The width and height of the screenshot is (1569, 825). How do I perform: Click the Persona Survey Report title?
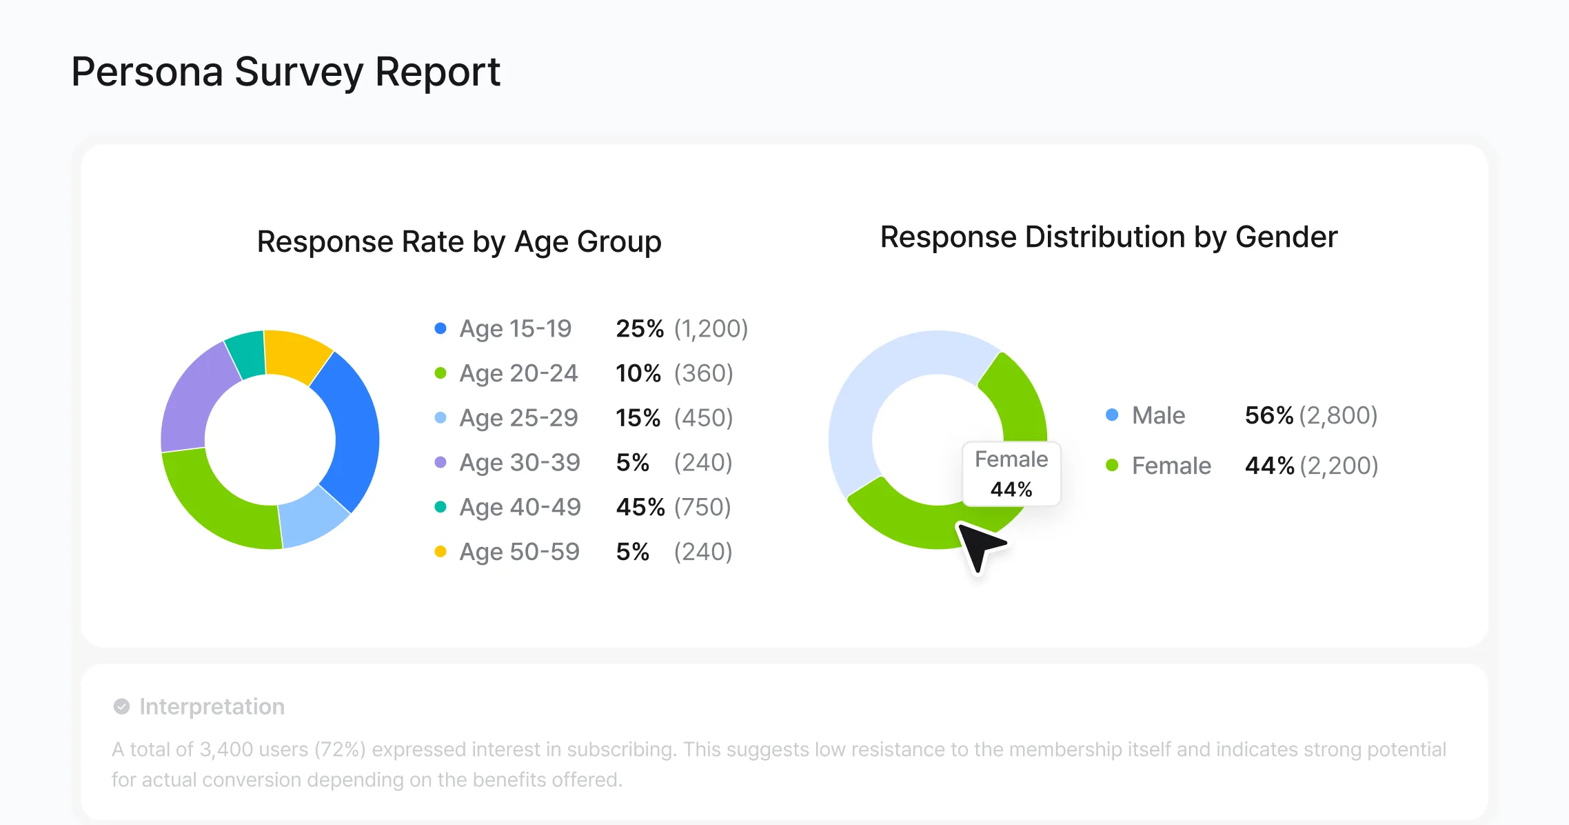click(285, 72)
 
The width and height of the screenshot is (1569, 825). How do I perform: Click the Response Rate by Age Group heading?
click(459, 242)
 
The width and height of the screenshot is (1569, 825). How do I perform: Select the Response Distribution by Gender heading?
click(1109, 237)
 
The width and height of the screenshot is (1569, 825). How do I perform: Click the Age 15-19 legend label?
click(516, 328)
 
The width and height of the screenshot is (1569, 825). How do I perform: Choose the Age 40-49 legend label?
click(520, 507)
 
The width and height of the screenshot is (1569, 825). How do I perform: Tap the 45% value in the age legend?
click(640, 507)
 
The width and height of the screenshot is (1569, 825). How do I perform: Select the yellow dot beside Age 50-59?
click(441, 551)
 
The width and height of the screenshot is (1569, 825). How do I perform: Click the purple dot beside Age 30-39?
click(441, 462)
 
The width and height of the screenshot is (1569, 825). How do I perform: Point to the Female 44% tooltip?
click(1011, 474)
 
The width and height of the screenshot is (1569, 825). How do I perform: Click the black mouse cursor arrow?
click(980, 546)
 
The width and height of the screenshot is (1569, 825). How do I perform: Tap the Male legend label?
click(1158, 415)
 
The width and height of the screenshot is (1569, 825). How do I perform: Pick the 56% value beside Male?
click(1269, 415)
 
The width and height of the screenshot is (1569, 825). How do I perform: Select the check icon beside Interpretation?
click(121, 706)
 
